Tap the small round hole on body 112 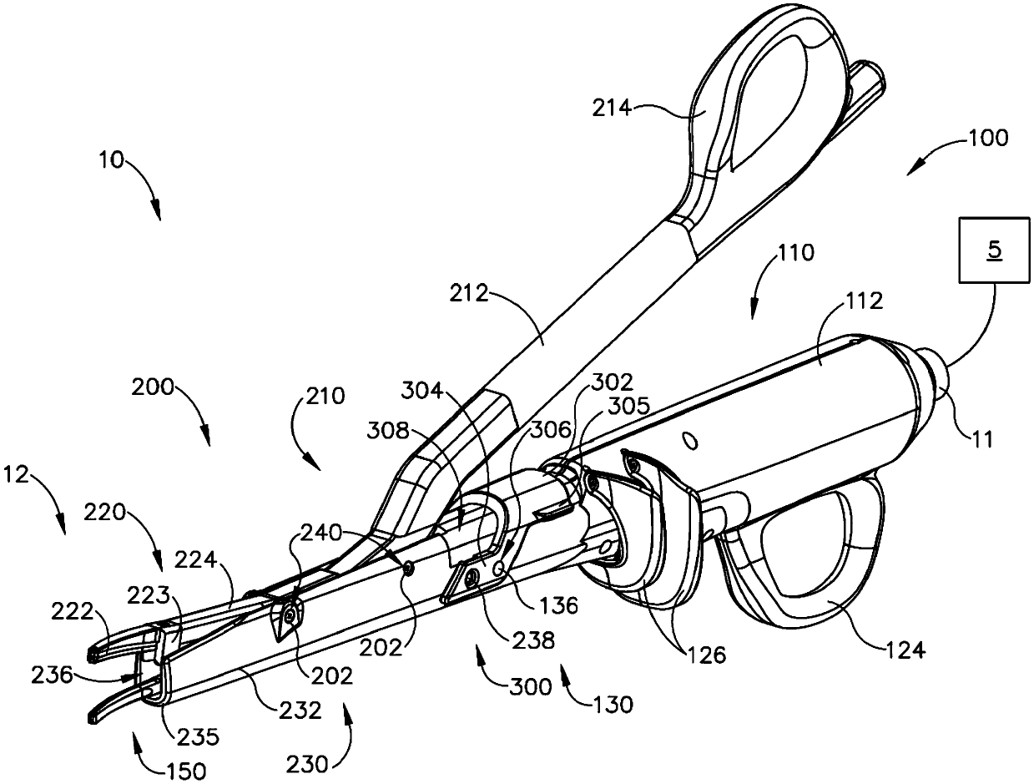coord(689,439)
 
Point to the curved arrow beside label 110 coord(756,295)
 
